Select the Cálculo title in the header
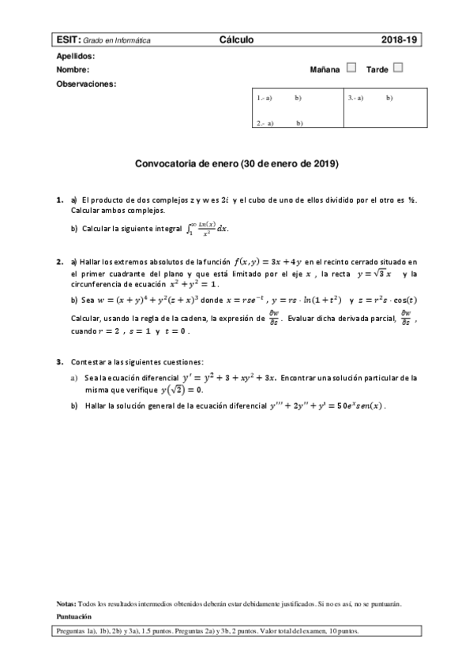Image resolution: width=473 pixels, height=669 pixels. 236,39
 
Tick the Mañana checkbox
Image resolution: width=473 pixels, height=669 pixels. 351,68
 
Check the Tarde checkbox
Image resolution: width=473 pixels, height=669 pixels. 398,68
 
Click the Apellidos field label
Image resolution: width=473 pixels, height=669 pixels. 76,57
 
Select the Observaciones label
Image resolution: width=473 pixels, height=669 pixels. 86,83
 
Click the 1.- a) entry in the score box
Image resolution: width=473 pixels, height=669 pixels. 265,98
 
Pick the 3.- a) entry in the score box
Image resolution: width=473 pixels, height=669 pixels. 355,98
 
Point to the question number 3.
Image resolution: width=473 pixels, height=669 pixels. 59,361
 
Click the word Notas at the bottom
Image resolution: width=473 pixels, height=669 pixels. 66,604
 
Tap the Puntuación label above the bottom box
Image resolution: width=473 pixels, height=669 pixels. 74,616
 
